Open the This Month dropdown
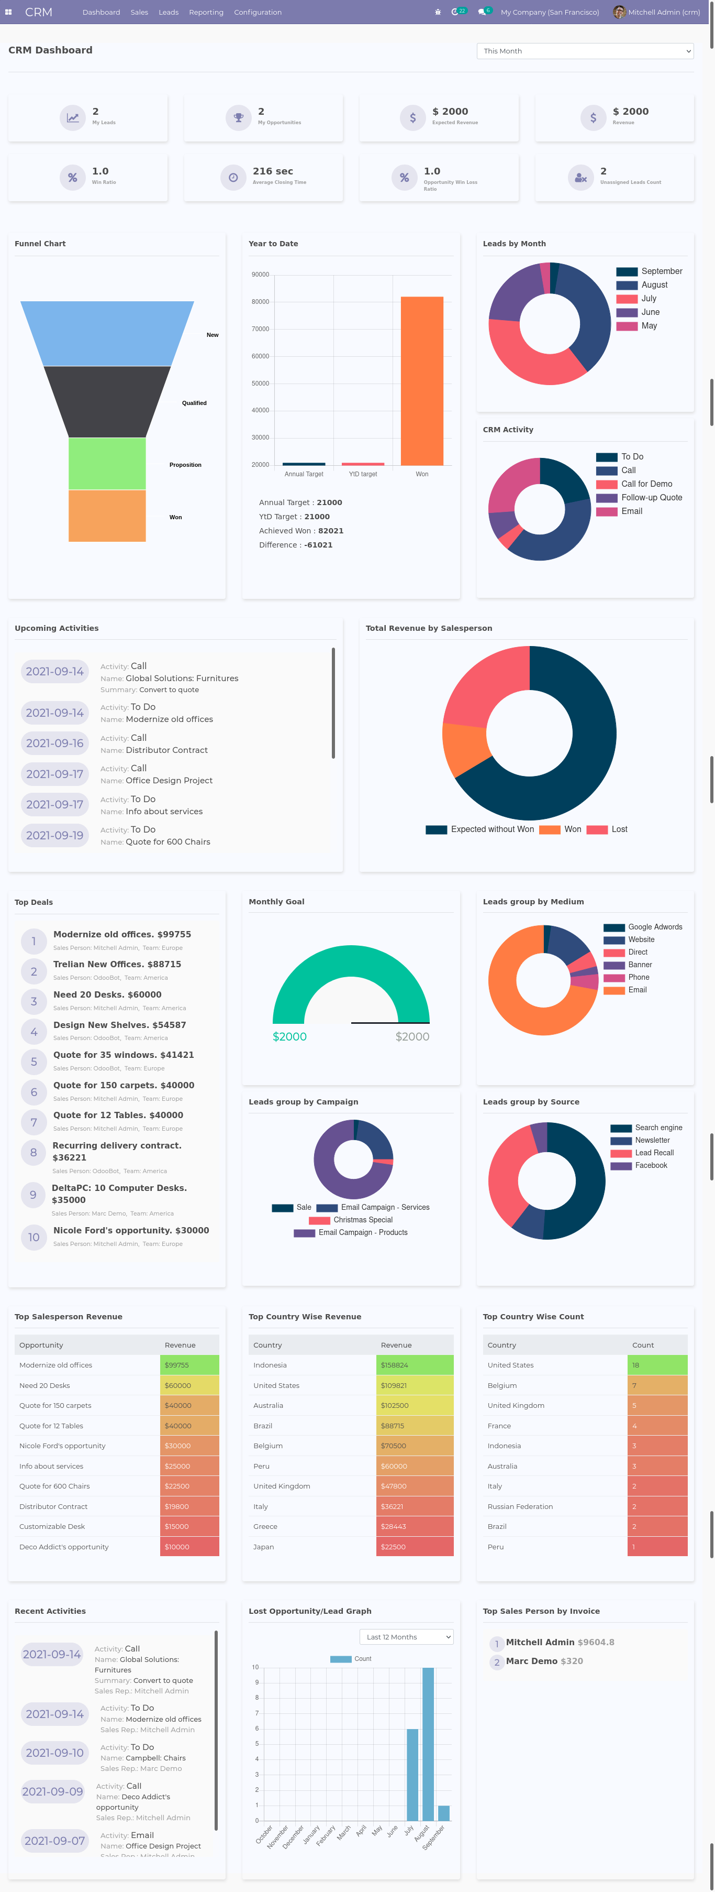(584, 51)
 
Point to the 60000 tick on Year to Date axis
(261, 356)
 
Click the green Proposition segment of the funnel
(107, 464)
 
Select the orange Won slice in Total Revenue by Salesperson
(463, 749)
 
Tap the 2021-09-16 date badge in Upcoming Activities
(55, 743)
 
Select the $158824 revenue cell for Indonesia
(414, 1365)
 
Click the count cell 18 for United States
(657, 1365)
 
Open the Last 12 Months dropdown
(406, 1637)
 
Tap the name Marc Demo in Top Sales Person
(531, 1661)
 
